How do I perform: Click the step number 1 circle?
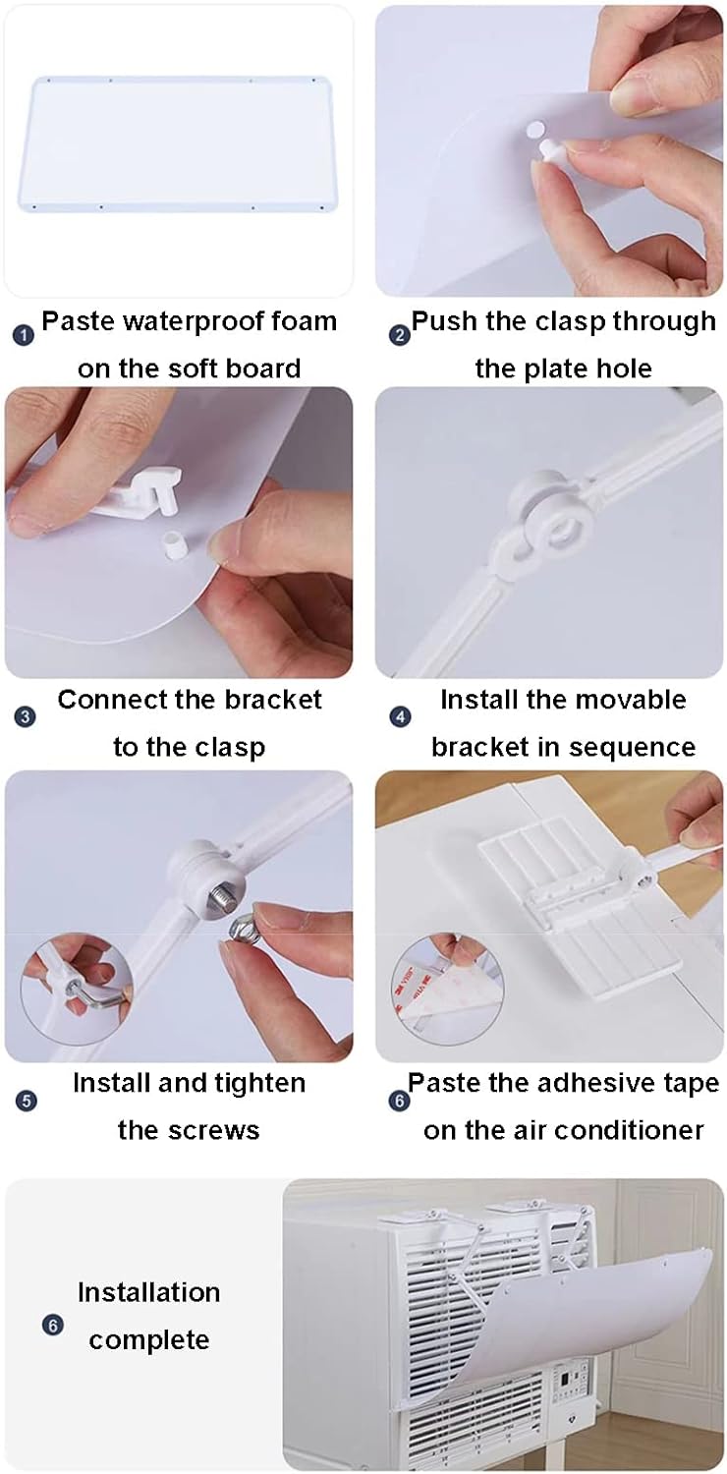click(x=24, y=336)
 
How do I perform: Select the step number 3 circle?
click(x=25, y=716)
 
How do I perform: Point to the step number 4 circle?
click(x=401, y=716)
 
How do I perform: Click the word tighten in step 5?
click(x=266, y=1084)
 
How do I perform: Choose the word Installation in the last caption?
click(x=148, y=1293)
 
